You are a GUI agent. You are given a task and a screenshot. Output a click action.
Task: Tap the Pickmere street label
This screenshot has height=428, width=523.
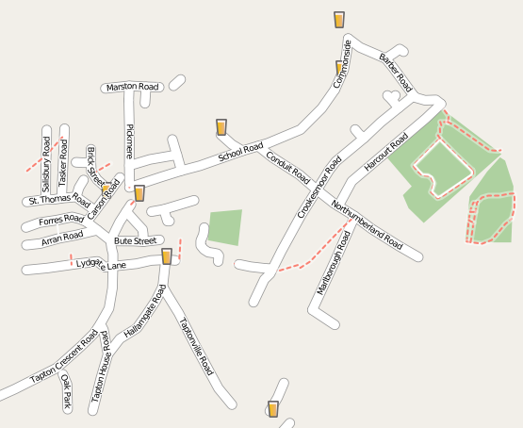pyautogui.click(x=129, y=141)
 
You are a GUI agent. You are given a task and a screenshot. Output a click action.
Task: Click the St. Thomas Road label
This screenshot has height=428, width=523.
pyautogui.click(x=58, y=200)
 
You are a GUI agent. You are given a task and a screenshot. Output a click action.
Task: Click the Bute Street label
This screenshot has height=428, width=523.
pyautogui.click(x=134, y=241)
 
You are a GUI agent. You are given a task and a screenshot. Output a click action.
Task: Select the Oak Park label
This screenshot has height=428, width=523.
pyautogui.click(x=66, y=389)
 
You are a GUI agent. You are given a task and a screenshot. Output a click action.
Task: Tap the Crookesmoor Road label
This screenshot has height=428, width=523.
pyautogui.click(x=319, y=187)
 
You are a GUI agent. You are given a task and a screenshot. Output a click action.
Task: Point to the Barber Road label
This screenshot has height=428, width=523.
pyautogui.click(x=395, y=72)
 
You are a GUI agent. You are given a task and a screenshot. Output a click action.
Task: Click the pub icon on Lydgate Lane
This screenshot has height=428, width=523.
pyautogui.click(x=167, y=256)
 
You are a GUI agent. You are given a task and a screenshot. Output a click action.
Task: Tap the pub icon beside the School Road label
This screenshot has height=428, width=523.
pyautogui.click(x=221, y=127)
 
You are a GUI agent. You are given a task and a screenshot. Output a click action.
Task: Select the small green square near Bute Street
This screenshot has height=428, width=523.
pyautogui.click(x=225, y=227)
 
